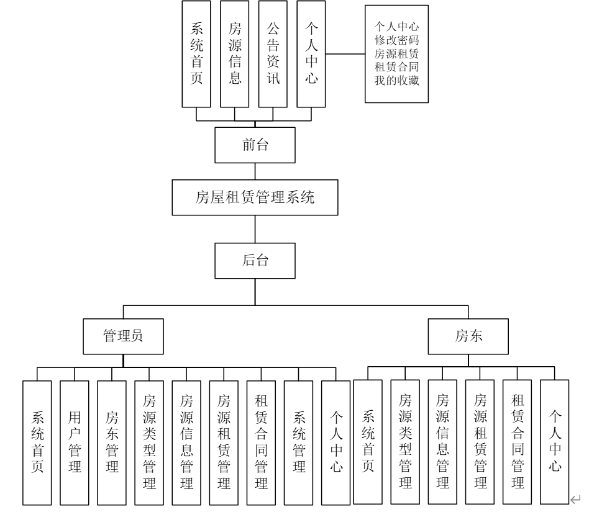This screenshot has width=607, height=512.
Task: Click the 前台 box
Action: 255,145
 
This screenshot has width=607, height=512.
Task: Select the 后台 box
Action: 255,261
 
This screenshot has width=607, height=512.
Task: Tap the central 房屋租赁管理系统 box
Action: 255,198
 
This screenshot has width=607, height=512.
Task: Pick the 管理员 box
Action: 122,336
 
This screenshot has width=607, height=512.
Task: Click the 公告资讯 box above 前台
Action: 273,53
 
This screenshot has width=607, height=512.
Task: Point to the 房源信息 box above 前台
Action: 234,53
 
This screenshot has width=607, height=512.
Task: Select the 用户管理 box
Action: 75,442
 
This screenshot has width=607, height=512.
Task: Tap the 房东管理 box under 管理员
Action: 112,442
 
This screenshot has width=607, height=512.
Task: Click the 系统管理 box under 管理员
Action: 299,442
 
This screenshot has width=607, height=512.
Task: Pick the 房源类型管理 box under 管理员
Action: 149,442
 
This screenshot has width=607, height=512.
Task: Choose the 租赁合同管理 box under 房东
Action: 518,441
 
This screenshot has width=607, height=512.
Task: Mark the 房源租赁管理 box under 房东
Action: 480,441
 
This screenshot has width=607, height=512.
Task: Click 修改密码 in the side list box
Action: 396,40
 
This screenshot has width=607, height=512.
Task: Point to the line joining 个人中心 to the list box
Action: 345,54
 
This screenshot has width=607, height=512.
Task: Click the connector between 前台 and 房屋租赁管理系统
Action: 255,171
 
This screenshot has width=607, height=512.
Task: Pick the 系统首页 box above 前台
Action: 196,53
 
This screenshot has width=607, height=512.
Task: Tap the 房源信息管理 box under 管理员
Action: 186,442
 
